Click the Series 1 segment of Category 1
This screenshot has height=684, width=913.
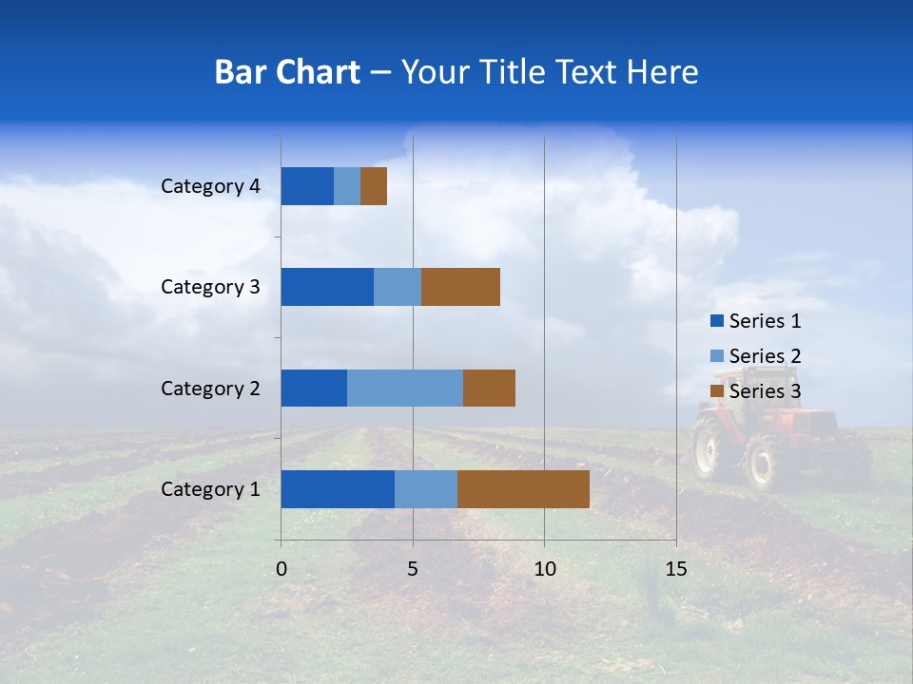pyautogui.click(x=338, y=488)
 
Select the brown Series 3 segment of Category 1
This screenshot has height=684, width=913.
pyautogui.click(x=523, y=488)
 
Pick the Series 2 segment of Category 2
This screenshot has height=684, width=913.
pyautogui.click(x=405, y=388)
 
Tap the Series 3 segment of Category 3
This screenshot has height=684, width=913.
pyautogui.click(x=460, y=287)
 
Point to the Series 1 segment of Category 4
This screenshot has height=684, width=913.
pyautogui.click(x=307, y=186)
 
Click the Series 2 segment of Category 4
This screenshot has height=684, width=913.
pyautogui.click(x=347, y=186)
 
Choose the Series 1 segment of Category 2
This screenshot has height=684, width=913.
pyautogui.click(x=314, y=388)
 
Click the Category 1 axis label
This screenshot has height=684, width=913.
pyautogui.click(x=210, y=489)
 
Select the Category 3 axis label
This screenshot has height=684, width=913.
pyautogui.click(x=210, y=287)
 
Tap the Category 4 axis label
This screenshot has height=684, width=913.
pyautogui.click(x=210, y=186)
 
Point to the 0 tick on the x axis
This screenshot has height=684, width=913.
pyautogui.click(x=281, y=569)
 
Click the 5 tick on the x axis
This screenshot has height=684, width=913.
pyautogui.click(x=413, y=569)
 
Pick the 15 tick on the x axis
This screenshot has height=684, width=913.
pyautogui.click(x=675, y=569)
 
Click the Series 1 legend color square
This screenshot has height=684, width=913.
pyautogui.click(x=717, y=321)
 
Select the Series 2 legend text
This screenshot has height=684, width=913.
pyautogui.click(x=765, y=356)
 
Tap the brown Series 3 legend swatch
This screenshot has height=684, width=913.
pyautogui.click(x=717, y=390)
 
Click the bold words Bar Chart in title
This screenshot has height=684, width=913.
pyautogui.click(x=287, y=72)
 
